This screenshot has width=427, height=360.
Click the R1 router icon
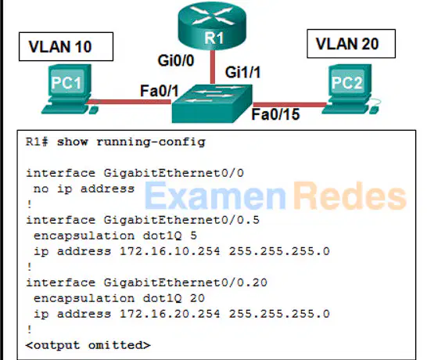(x=212, y=25)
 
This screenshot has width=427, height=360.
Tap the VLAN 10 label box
(x=66, y=47)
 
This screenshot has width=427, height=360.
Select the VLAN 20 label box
(x=351, y=44)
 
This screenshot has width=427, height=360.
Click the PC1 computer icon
(x=70, y=89)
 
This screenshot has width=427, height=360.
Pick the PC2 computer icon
(x=350, y=89)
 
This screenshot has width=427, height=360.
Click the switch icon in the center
(x=212, y=103)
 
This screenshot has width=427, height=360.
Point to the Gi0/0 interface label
(x=176, y=60)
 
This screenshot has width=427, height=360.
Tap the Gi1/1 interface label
(x=242, y=73)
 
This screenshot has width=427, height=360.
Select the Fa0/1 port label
(x=160, y=91)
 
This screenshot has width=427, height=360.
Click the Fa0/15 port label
(x=275, y=114)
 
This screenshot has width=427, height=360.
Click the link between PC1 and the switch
(x=130, y=102)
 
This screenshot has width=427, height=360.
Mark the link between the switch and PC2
(x=289, y=105)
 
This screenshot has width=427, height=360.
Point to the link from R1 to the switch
(x=213, y=67)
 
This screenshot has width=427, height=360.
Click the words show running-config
(x=131, y=142)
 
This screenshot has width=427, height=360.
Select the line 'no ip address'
(x=84, y=189)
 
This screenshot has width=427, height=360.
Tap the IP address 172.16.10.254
(x=170, y=251)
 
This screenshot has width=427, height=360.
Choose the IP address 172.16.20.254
(x=170, y=314)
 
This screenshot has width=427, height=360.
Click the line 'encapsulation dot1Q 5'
(x=115, y=236)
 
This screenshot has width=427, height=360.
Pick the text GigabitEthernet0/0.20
(x=185, y=283)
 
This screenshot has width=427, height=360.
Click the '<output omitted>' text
(x=88, y=345)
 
